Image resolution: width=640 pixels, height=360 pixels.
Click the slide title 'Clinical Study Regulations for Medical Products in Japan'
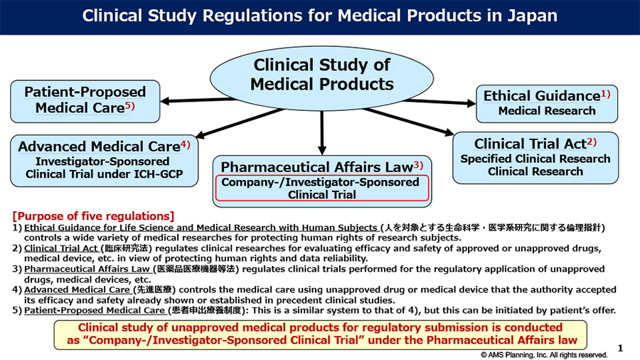(x=320, y=16)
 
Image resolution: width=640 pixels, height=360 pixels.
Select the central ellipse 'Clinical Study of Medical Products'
(x=321, y=75)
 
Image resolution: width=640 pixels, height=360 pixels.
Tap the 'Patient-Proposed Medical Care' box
(x=85, y=100)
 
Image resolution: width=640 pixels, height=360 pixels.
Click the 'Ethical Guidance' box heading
(x=541, y=96)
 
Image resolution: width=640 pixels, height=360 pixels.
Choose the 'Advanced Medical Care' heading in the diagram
(x=99, y=147)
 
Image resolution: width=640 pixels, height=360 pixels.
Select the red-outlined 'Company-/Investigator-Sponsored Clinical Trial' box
(x=322, y=189)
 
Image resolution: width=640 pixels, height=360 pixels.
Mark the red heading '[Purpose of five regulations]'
(x=94, y=216)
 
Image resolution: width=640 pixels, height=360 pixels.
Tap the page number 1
(x=620, y=348)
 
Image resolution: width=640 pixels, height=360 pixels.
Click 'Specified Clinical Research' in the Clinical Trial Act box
(x=535, y=159)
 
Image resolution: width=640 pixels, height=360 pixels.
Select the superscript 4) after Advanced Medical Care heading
(x=186, y=144)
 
